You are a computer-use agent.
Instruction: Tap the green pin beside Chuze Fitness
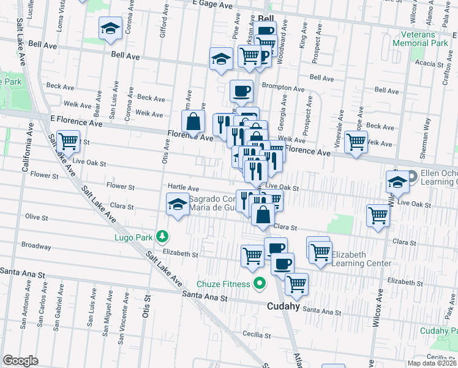tap(260, 284)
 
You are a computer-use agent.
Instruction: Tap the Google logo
tap(20, 360)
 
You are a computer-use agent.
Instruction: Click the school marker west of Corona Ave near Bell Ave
tap(111, 28)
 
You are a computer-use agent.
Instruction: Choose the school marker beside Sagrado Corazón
tap(178, 203)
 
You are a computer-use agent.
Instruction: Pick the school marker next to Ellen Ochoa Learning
tap(397, 182)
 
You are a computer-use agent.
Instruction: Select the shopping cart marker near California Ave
tap(68, 142)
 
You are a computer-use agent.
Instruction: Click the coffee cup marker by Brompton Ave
tap(242, 91)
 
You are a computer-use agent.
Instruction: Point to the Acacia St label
tap(428, 64)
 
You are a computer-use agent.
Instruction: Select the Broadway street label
tap(36, 245)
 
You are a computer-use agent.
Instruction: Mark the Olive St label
tap(36, 217)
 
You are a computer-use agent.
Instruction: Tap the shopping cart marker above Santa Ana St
tap(296, 284)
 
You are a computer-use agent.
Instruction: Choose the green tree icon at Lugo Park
tap(162, 236)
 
